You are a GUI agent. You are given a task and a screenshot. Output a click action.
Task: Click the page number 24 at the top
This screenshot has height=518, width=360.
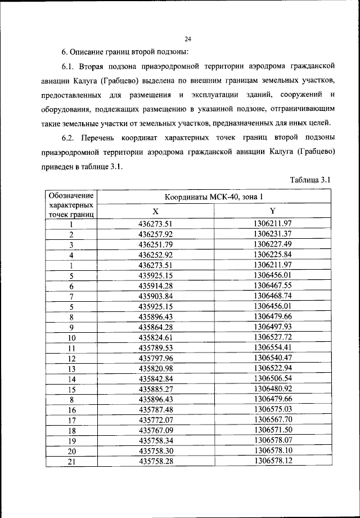click(x=187, y=39)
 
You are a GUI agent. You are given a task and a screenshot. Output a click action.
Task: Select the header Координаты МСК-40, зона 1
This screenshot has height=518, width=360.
click(x=214, y=197)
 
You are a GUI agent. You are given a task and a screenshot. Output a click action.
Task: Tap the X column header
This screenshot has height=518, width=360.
click(x=156, y=211)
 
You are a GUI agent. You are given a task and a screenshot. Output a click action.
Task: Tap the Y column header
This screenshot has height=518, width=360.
click(x=272, y=211)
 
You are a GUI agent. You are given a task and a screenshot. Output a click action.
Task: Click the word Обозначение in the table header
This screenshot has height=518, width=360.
click(x=71, y=195)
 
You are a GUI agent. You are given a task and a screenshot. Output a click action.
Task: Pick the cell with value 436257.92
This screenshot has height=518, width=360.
click(x=156, y=234)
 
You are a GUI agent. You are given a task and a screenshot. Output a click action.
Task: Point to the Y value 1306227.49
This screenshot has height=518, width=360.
click(x=272, y=244)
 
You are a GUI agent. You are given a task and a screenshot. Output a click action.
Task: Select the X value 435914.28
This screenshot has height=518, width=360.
click(x=156, y=286)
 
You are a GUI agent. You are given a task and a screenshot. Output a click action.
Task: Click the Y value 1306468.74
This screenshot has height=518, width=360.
click(x=272, y=296)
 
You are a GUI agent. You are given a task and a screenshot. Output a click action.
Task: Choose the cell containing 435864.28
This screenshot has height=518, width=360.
click(x=156, y=327)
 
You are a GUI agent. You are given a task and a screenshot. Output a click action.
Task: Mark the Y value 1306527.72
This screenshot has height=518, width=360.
click(x=272, y=337)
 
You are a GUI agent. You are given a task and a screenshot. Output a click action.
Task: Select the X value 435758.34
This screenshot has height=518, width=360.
click(x=156, y=441)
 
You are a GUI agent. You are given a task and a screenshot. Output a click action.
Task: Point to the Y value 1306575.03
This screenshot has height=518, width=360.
click(x=272, y=410)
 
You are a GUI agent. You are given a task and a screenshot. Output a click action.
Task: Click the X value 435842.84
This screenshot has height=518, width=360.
click(x=156, y=379)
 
